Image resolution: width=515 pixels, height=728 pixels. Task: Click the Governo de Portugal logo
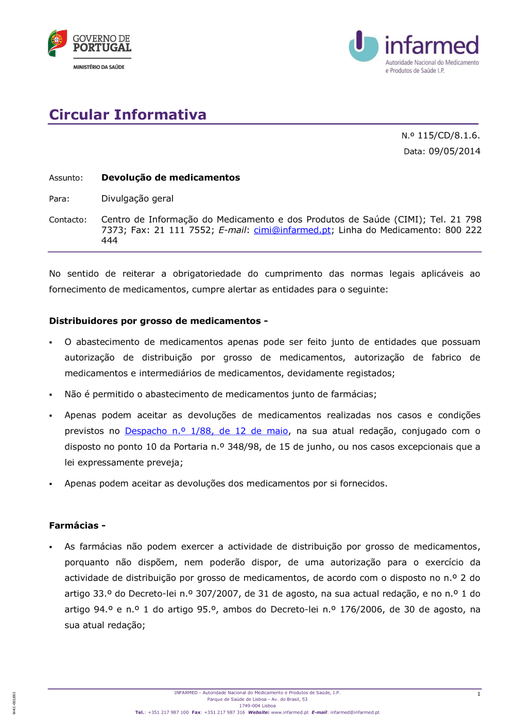(90, 44)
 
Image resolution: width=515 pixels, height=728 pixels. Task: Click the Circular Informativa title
(128, 114)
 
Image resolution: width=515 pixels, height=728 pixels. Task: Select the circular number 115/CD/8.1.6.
(448, 135)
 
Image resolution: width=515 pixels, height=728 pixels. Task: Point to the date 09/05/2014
(454, 151)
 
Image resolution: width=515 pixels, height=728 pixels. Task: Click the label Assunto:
(66, 178)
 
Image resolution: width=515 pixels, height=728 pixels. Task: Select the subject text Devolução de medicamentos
(170, 178)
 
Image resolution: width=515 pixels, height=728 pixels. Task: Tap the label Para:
(59, 199)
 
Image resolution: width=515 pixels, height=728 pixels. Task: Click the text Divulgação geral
(137, 199)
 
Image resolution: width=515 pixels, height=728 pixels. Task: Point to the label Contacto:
(68, 220)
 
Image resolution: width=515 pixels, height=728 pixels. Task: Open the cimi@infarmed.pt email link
(292, 230)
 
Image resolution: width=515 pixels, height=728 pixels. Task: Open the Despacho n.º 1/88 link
(206, 431)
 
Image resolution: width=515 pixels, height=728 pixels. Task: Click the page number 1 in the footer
(478, 694)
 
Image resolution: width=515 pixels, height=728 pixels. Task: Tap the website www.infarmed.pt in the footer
(289, 713)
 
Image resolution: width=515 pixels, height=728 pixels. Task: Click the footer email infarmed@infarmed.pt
(355, 713)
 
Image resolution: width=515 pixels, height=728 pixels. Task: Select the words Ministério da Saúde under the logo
(99, 67)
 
